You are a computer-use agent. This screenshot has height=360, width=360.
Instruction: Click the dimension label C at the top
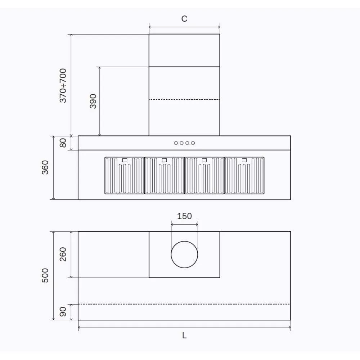184,19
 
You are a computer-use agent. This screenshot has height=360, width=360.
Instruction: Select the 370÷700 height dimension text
63,85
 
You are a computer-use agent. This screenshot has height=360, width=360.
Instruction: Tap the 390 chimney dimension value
93,101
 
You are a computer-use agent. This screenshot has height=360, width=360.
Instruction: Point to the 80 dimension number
63,143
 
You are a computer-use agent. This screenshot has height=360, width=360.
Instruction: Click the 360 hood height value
45,167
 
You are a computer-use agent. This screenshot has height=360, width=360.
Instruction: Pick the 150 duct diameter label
184,216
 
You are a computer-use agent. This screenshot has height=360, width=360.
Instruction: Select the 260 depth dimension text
63,255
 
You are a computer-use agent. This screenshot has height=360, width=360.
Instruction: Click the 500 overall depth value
45,275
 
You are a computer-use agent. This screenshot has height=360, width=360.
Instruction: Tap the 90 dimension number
63,312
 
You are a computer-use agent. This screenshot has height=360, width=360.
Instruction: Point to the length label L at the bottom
184,336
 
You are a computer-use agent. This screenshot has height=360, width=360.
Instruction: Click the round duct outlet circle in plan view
184,255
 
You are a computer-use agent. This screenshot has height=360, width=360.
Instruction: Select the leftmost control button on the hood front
176,143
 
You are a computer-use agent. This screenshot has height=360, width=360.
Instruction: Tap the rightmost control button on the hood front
193,143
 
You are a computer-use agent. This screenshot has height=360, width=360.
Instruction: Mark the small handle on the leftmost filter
125,160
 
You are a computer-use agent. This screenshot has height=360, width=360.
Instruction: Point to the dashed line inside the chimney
184,99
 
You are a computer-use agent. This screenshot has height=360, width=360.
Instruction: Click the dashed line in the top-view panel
184,304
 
